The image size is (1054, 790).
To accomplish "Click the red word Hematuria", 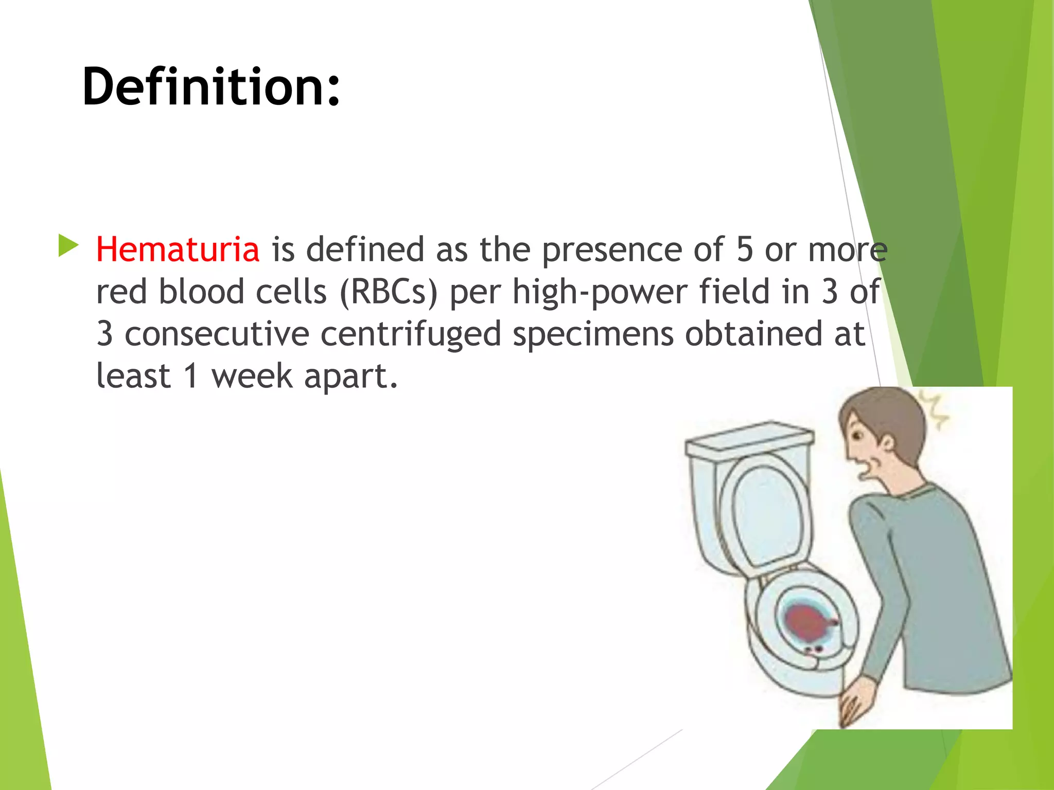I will point(178,249).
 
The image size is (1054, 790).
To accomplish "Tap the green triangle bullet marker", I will point(68,245).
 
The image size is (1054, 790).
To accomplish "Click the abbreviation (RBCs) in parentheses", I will point(389,292).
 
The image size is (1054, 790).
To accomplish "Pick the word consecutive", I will point(217,334).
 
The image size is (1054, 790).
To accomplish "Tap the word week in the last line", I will point(252,376).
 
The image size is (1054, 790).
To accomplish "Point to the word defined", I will point(366,249).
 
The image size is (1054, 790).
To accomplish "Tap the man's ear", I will point(886,443).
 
